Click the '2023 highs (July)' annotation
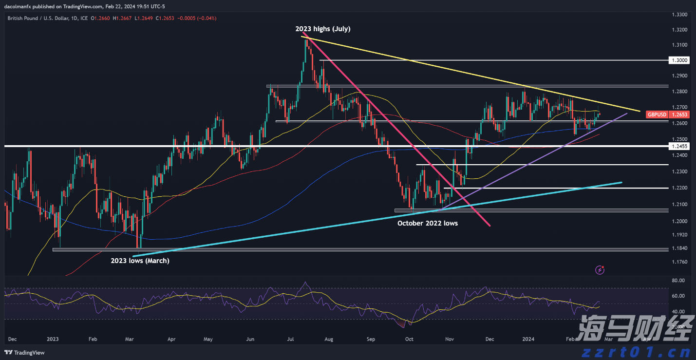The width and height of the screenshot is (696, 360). [x=322, y=29]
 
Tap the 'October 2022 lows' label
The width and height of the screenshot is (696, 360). [x=428, y=223]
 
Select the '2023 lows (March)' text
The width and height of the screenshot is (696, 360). [x=140, y=261]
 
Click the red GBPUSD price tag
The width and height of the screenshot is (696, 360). [x=664, y=114]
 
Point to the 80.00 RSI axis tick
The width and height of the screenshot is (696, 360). [x=677, y=281]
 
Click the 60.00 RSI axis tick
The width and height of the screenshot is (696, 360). [x=677, y=296]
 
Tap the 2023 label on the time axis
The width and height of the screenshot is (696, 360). [x=53, y=339]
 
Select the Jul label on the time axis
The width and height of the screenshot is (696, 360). [x=290, y=339]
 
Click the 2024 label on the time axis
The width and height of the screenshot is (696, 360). [x=528, y=339]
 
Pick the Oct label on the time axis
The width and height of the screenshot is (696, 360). [x=409, y=339]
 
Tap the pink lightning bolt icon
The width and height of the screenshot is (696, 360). [x=601, y=269]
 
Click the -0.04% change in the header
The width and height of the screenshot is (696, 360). [x=207, y=18]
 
